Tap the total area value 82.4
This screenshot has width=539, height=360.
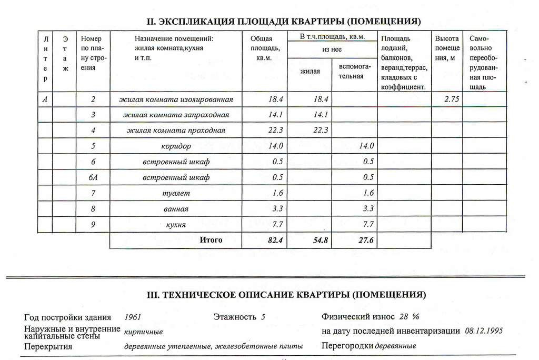pos(274,241)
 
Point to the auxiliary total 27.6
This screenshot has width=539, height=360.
pos(363,241)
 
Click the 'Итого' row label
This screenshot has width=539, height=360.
pos(211,241)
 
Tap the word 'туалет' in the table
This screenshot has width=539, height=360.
pos(176,193)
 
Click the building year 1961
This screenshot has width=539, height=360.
pos(133,317)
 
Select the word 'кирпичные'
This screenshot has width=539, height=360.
pos(143,332)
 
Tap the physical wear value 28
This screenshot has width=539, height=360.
pos(404,317)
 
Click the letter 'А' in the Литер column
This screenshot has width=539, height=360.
pos(46,99)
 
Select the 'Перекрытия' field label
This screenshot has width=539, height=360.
pos(48,346)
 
